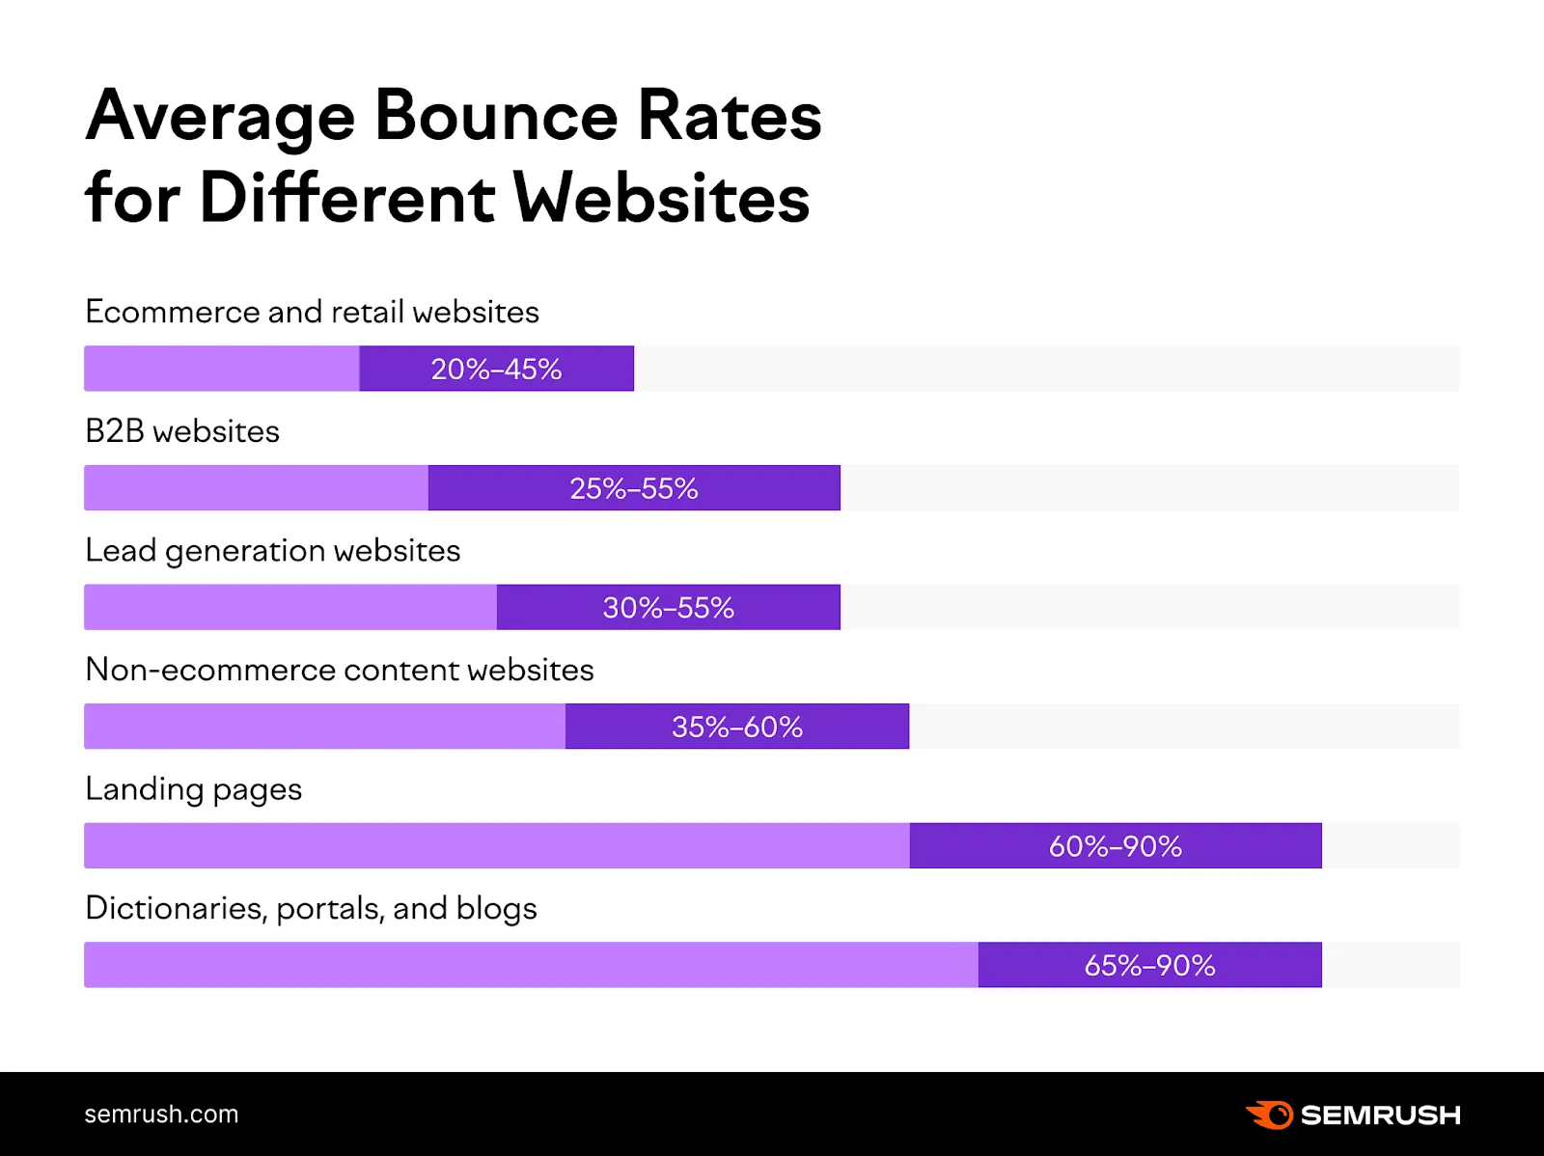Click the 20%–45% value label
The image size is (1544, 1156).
[496, 369]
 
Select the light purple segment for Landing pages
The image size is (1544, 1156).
[496, 845]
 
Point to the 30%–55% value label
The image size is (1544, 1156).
[668, 608]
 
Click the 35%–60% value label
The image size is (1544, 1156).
[736, 727]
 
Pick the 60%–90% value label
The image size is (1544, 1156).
[1115, 846]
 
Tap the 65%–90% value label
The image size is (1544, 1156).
[1149, 965]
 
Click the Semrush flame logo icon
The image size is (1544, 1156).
[1270, 1115]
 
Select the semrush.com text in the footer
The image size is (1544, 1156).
[161, 1115]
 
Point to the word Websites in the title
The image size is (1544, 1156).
[661, 199]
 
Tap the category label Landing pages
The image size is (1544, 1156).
[193, 789]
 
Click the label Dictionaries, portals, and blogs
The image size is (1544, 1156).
[311, 909]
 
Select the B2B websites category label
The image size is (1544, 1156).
[182, 431]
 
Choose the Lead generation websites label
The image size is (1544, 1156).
[272, 551]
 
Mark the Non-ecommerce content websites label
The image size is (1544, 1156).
[339, 670]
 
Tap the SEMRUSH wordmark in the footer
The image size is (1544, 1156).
[1380, 1115]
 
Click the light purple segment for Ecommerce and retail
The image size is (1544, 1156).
[221, 369]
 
